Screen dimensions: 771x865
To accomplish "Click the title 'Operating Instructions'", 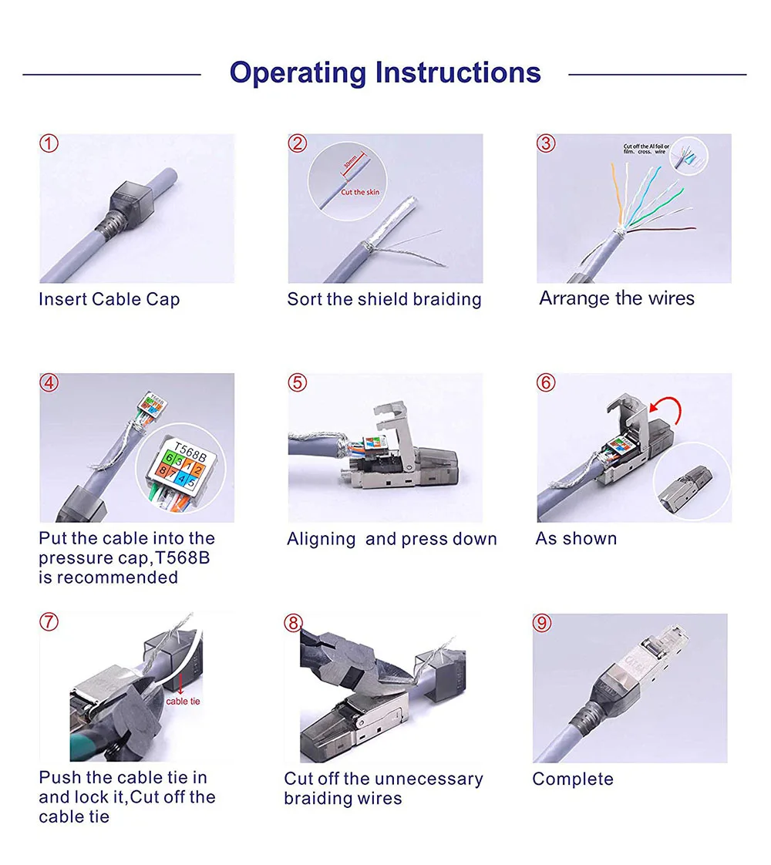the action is tap(385, 73).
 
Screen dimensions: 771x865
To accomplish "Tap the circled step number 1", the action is tap(49, 143).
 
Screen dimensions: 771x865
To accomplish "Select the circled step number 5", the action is tap(298, 382).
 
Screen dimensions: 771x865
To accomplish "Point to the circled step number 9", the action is tap(542, 623).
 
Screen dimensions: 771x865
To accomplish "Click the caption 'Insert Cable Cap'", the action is tap(109, 299).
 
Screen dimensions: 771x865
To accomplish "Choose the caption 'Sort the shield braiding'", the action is tap(384, 299).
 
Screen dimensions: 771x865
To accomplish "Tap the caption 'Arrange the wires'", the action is tap(617, 298).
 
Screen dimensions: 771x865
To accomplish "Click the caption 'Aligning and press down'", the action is tap(392, 539).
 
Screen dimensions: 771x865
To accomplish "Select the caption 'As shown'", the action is tap(576, 539).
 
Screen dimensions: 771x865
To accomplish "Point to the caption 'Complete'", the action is tap(573, 779).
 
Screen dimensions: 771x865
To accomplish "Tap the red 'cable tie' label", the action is tap(183, 701).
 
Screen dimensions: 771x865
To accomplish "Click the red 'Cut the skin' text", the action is tap(360, 192).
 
